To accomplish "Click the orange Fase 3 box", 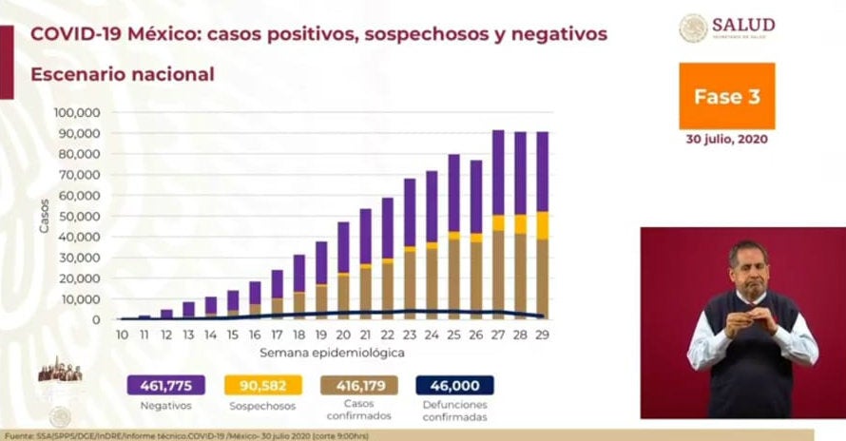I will (x=726, y=96).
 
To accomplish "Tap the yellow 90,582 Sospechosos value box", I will (x=262, y=385).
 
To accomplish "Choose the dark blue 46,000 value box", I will (x=454, y=385).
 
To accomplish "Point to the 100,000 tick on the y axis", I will (x=78, y=112).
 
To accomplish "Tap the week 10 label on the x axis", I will (x=123, y=335).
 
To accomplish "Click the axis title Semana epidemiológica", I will (x=335, y=352).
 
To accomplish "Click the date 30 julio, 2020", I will (x=726, y=139).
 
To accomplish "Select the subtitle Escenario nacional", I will (x=122, y=74).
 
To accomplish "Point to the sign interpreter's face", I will (x=748, y=266).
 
